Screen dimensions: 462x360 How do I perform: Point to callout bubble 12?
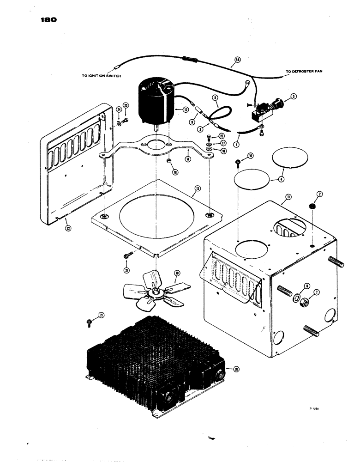(186, 110)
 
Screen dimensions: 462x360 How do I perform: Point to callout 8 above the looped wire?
(215, 98)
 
